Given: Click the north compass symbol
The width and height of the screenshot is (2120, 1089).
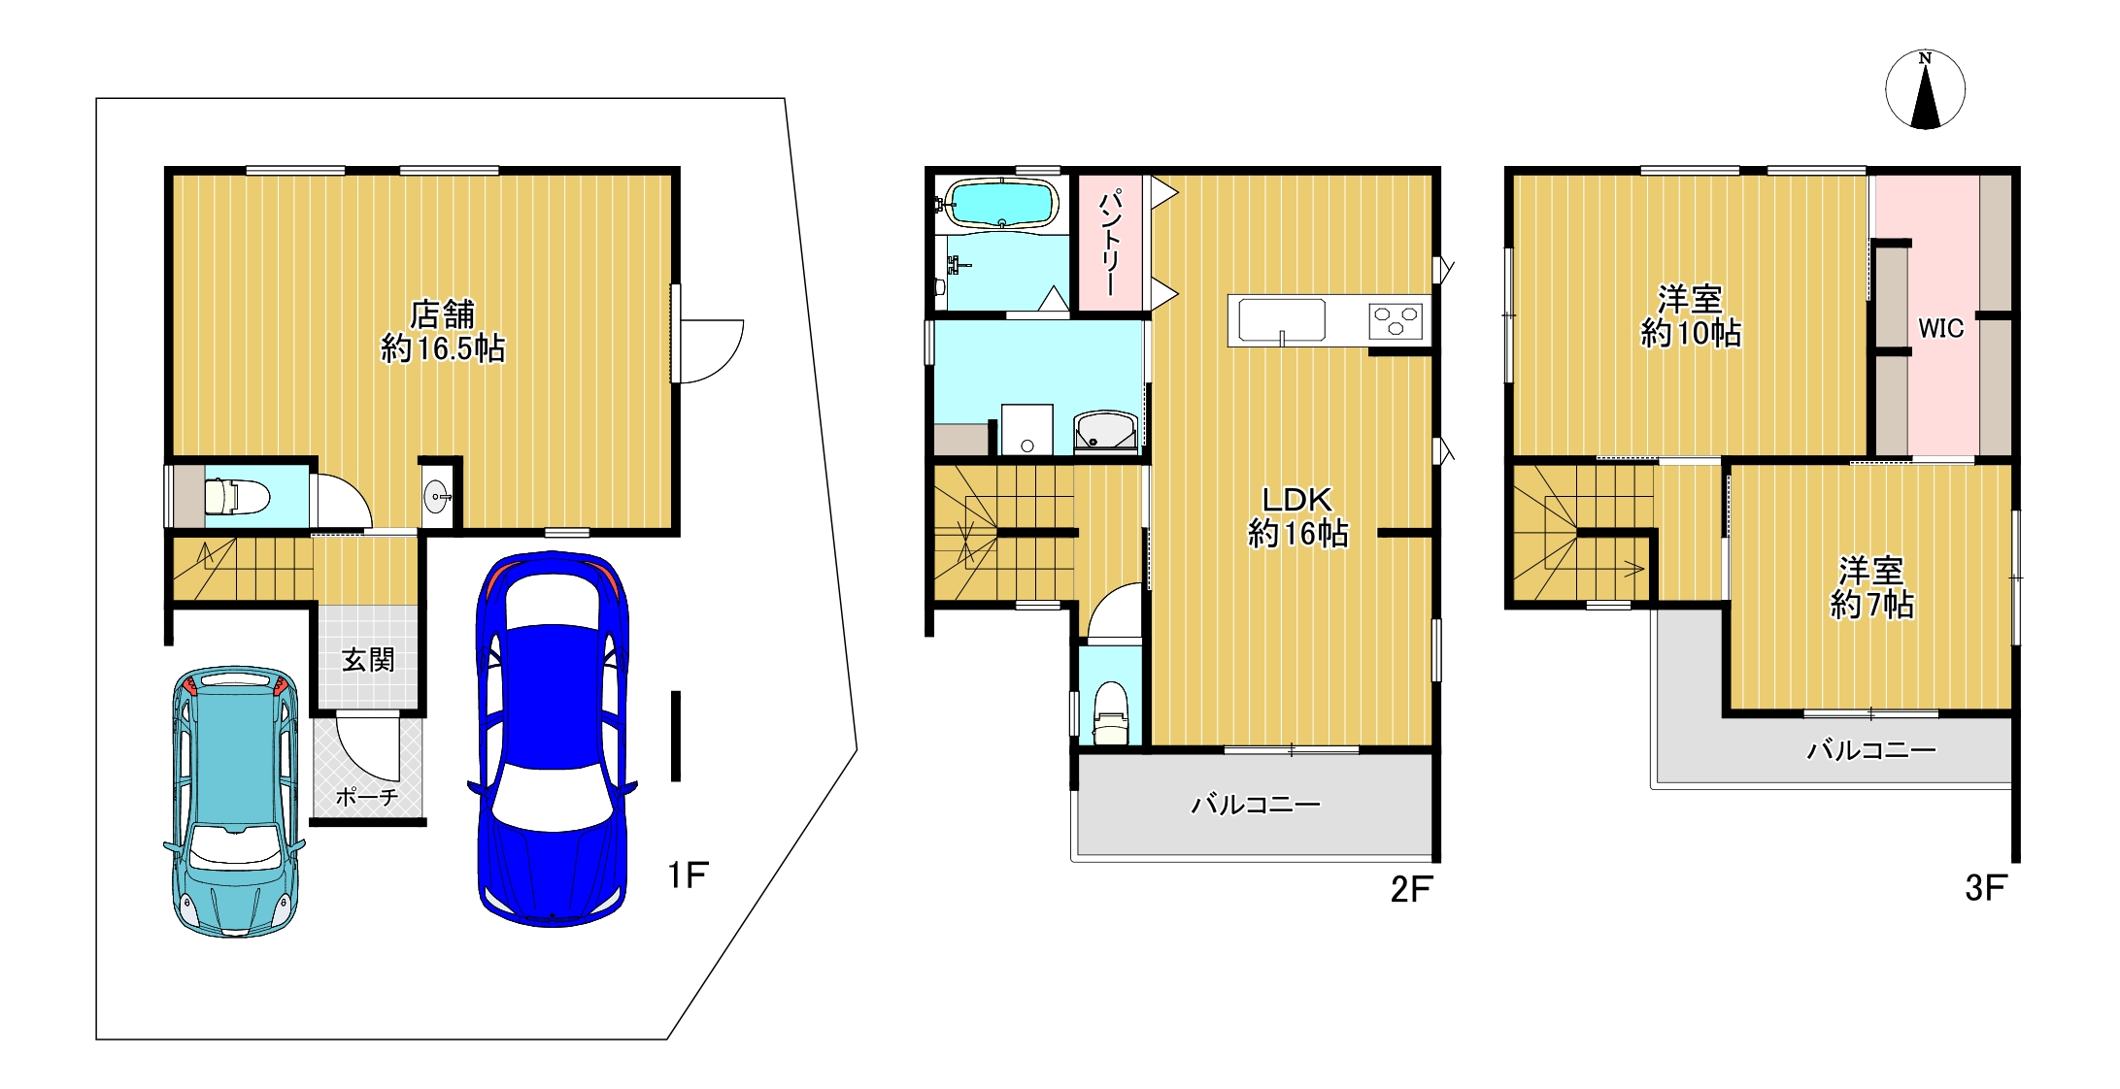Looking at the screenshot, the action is (1925, 89).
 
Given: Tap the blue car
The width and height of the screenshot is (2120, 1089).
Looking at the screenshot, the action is (552, 739).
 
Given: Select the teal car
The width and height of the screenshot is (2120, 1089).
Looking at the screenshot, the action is (234, 802).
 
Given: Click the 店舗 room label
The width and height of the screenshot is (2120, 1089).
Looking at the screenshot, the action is (443, 313).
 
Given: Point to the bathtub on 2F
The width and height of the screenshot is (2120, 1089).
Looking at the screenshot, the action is (1000, 203).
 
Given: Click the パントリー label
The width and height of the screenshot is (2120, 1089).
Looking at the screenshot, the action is (1110, 244).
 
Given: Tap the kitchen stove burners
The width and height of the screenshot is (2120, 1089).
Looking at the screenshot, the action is (1396, 320).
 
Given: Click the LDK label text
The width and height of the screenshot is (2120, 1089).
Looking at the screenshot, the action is (1297, 499).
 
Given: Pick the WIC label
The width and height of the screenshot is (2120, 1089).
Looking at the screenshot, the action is (1940, 328).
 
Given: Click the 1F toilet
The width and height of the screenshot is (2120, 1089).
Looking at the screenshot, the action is (236, 496).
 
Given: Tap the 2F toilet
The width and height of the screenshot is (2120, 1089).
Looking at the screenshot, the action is (1111, 713).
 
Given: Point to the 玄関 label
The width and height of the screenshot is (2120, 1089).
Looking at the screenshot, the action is (368, 660).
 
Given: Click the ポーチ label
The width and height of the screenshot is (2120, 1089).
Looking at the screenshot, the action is (367, 797).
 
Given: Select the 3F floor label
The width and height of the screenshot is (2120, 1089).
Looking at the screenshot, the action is (1985, 887).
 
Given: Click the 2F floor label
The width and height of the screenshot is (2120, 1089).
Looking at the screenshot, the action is (1411, 888).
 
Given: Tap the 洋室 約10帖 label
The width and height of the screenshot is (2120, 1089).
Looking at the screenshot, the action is (1691, 316).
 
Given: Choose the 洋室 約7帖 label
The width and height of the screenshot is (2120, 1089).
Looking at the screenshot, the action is (1871, 587).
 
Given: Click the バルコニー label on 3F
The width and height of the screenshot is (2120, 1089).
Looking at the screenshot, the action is (1871, 749).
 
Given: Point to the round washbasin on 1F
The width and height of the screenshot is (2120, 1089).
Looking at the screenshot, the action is (437, 497).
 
